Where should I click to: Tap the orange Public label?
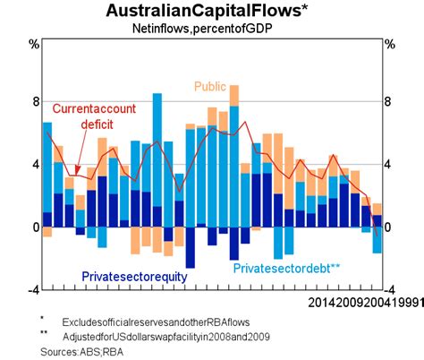tap(211, 87)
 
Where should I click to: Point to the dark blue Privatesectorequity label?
tap(134, 277)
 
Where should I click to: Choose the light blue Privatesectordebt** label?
tap(287, 267)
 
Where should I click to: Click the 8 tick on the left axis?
tap(36, 101)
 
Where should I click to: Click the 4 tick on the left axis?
tap(36, 165)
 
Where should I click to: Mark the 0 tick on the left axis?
tap(36, 227)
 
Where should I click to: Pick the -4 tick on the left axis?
tap(34, 290)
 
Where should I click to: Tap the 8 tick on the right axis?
tap(387, 101)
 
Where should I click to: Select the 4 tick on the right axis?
tap(387, 165)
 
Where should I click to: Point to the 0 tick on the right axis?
tap(387, 227)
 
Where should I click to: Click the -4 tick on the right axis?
tap(389, 290)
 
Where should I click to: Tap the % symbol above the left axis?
tap(34, 44)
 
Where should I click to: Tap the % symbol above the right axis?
tap(389, 44)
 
